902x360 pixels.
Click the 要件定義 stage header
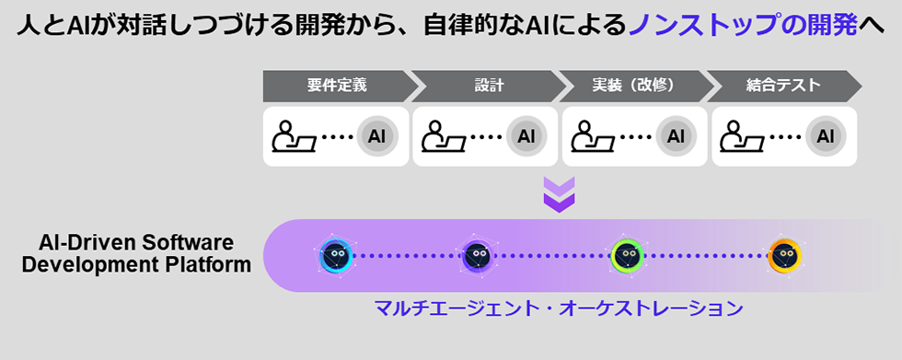(337, 86)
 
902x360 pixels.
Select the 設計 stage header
(489, 86)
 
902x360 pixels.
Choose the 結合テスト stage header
(783, 86)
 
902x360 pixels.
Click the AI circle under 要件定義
(376, 136)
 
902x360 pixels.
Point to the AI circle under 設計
(526, 136)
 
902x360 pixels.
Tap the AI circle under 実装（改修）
(676, 136)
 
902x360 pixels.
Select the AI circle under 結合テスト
(826, 136)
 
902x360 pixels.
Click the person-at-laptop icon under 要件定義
(294, 136)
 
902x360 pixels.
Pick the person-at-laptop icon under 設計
(443, 136)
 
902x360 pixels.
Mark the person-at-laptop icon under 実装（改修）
(593, 136)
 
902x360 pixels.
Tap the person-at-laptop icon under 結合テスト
(742, 136)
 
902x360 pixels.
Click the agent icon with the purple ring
(477, 255)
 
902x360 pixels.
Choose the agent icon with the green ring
(627, 255)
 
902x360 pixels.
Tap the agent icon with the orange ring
(784, 255)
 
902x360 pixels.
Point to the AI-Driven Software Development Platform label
(136, 253)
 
